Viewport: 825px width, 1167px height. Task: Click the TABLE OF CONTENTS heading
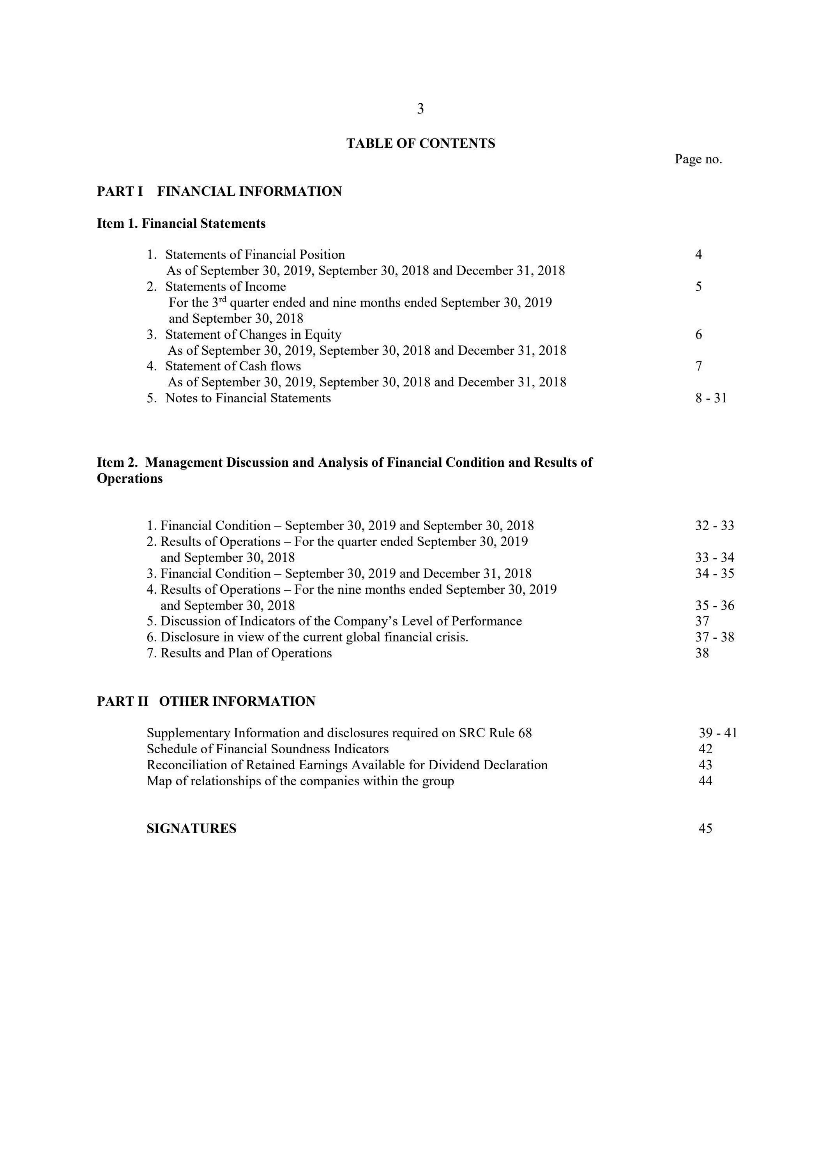[420, 144]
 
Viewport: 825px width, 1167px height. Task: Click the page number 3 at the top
[420, 109]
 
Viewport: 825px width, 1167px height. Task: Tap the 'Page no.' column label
[698, 159]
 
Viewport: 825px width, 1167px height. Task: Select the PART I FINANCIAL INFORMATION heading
[219, 191]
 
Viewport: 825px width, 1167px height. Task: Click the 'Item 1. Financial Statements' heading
[181, 224]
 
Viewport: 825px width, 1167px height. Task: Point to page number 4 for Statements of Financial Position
[698, 255]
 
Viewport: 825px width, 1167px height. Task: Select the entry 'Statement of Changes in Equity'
[253, 335]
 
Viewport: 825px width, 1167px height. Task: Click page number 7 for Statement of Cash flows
[698, 366]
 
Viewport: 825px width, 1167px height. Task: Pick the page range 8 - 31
[711, 398]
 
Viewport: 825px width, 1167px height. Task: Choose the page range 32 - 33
[714, 526]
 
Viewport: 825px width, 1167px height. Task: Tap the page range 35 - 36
[714, 606]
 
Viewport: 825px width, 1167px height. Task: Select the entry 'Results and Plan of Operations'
[246, 653]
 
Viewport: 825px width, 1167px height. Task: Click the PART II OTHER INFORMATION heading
[206, 701]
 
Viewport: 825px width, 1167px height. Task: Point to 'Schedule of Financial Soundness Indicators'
[267, 749]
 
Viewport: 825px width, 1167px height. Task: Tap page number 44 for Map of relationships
[705, 781]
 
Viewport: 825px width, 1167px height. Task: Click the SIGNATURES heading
[191, 829]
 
